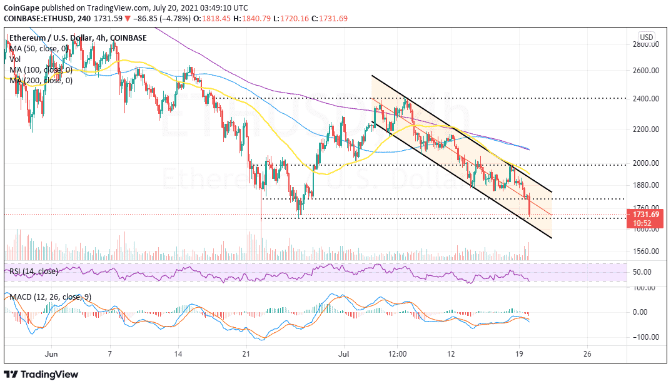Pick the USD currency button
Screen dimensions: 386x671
pos(646,37)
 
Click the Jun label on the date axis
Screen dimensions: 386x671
pos(52,353)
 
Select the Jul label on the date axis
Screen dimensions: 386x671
pos(344,353)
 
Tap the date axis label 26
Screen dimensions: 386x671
pos(587,353)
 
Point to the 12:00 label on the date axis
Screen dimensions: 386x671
pos(397,353)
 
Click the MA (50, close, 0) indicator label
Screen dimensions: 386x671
pos(39,49)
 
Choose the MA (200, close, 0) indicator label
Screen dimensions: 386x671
pos(41,80)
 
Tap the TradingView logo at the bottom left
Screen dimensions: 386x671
pos(41,374)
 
